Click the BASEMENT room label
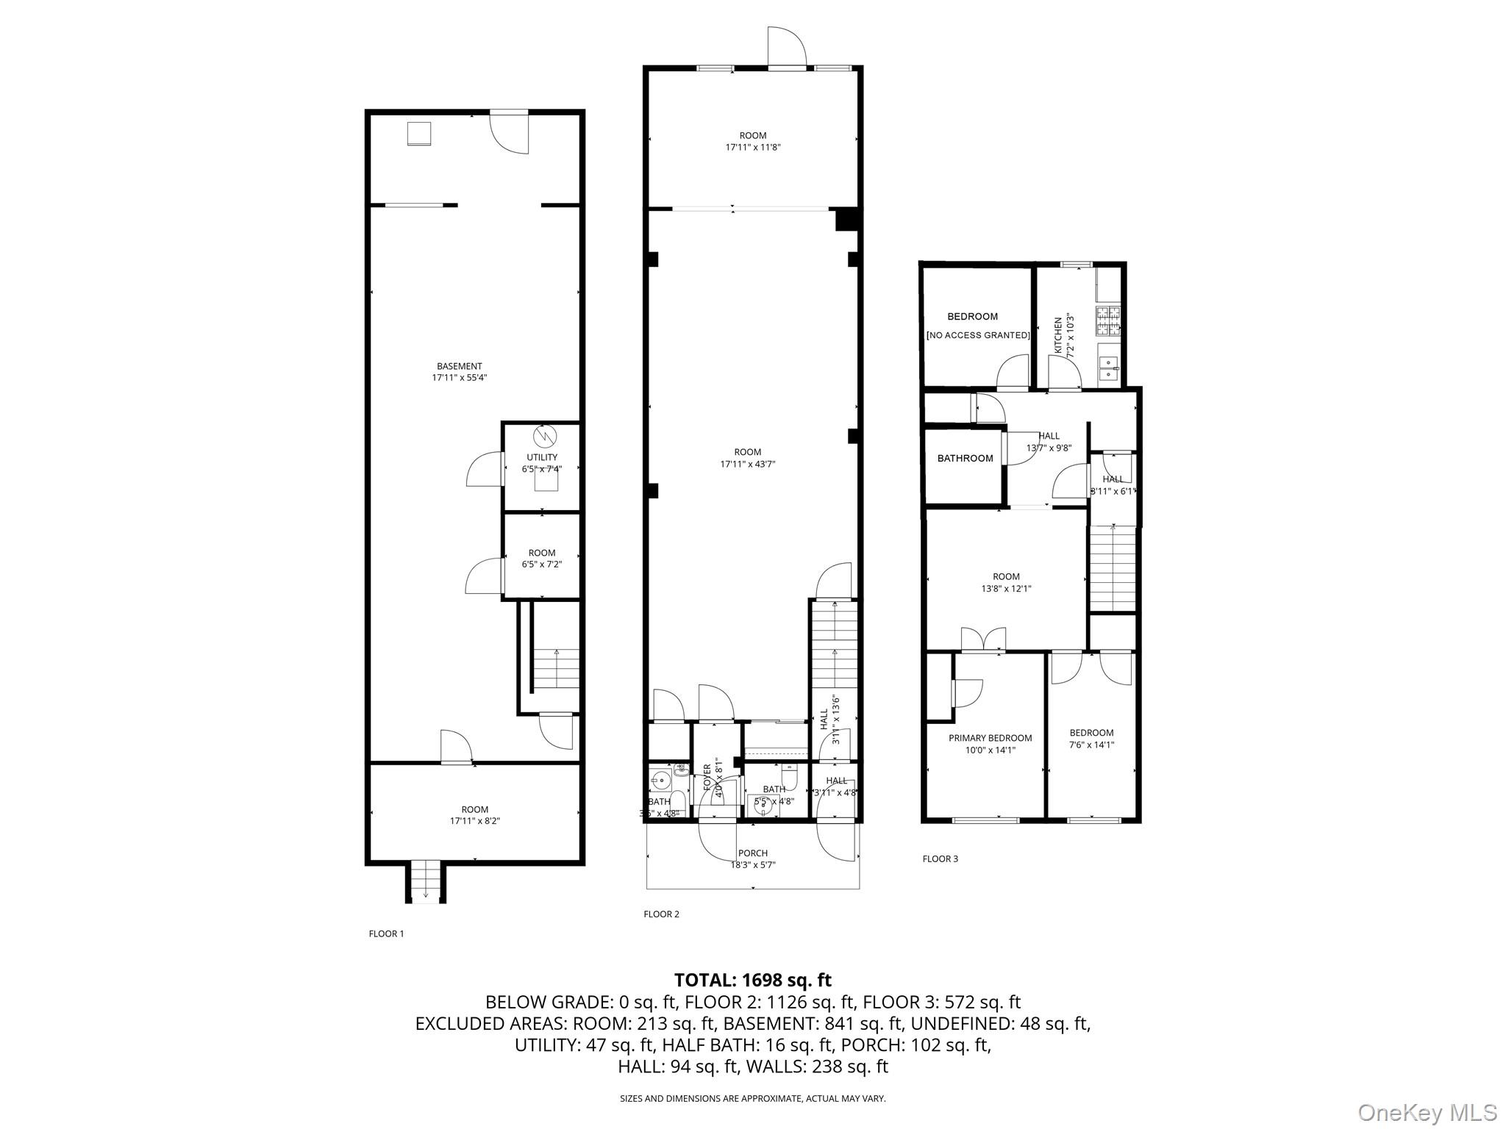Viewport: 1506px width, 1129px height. click(460, 366)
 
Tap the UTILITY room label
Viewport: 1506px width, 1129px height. click(542, 457)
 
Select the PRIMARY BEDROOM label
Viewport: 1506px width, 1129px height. click(990, 738)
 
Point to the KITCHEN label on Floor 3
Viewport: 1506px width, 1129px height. click(1058, 335)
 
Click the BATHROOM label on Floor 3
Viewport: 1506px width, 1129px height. click(965, 459)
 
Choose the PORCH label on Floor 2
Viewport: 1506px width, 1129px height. click(753, 853)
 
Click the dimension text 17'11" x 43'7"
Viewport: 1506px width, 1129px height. click(748, 464)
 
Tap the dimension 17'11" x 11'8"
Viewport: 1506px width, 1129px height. click(753, 147)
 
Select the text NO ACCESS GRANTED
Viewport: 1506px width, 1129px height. click(977, 335)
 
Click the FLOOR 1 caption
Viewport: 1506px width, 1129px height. click(386, 934)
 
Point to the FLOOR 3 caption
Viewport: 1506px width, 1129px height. click(940, 859)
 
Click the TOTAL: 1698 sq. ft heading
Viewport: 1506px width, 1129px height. click(752, 980)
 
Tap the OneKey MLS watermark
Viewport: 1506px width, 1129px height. click(1427, 1112)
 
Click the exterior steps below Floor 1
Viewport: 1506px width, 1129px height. click(425, 883)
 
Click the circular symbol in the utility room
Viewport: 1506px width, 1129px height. click(545, 436)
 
